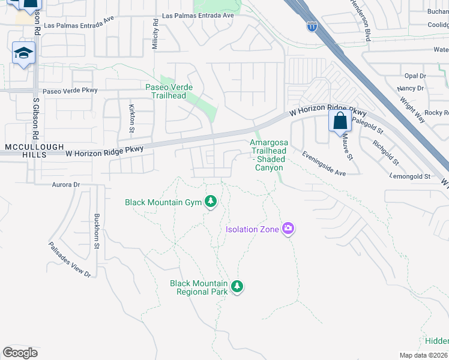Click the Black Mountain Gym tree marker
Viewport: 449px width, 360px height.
coord(210,202)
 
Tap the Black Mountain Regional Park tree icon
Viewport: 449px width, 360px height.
coord(237,287)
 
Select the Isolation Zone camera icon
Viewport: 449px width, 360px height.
coord(289,228)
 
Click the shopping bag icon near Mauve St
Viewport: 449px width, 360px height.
coord(340,121)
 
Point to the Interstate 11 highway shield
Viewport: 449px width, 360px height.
coord(312,26)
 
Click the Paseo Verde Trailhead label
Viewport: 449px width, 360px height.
coord(169,91)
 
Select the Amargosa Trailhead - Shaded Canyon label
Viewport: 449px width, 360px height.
coord(270,155)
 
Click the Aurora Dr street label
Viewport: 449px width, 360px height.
coord(66,185)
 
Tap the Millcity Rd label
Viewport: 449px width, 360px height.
coord(155,34)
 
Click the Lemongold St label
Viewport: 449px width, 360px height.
coord(410,176)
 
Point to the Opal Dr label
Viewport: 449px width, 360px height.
coord(415,76)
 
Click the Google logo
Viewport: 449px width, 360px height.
coord(20,353)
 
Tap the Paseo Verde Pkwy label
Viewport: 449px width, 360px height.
coord(70,91)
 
